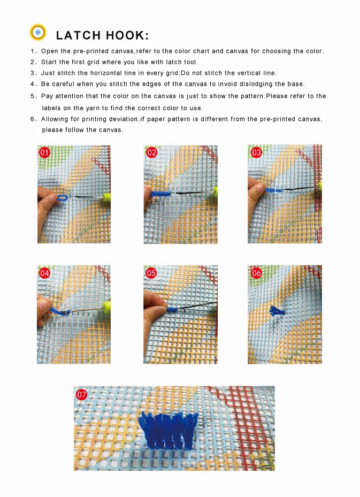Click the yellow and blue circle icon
(38, 32)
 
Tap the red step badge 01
(45, 152)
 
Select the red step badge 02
(152, 152)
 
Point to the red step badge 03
(256, 152)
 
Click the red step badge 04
(45, 273)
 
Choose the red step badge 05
(151, 273)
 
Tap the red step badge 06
(256, 273)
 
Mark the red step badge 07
(81, 395)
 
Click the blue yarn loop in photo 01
(63, 198)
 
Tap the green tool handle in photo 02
(216, 191)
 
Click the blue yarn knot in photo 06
(277, 311)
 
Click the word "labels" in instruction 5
(51, 108)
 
